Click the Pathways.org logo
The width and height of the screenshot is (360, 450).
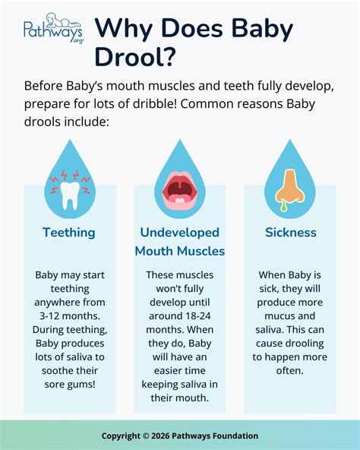pyautogui.click(x=54, y=28)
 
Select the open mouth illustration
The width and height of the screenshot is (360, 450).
pyautogui.click(x=179, y=190)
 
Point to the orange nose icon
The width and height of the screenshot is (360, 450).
pyautogui.click(x=289, y=186)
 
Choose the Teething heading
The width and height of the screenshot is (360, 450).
pyautogui.click(x=69, y=233)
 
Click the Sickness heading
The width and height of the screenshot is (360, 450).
pyautogui.click(x=291, y=233)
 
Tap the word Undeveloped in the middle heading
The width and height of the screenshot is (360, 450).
pyautogui.click(x=179, y=233)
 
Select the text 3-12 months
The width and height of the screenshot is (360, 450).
pyautogui.click(x=70, y=315)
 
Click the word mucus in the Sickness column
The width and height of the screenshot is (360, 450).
pyautogui.click(x=277, y=315)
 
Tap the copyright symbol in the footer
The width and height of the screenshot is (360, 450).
pyautogui.click(x=146, y=436)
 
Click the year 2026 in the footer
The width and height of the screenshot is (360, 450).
pyautogui.click(x=160, y=436)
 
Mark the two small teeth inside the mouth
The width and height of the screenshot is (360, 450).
pyautogui.click(x=180, y=201)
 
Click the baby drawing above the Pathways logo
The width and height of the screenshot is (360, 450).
pyautogui.click(x=61, y=21)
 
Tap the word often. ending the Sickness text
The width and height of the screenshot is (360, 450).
pyautogui.click(x=289, y=370)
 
